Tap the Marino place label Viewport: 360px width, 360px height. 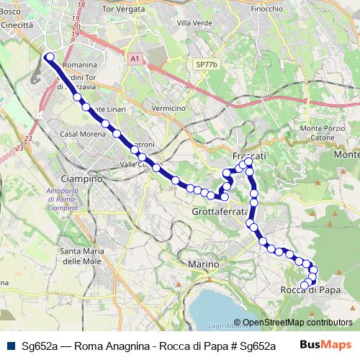point(203,265)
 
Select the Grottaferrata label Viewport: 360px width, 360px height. point(220,212)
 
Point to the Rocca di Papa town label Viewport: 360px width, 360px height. point(309,290)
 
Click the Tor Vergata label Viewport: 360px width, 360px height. point(120,9)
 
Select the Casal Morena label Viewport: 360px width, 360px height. point(78,134)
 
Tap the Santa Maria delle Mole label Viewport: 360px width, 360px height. point(81,256)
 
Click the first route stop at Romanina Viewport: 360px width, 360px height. point(49,56)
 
